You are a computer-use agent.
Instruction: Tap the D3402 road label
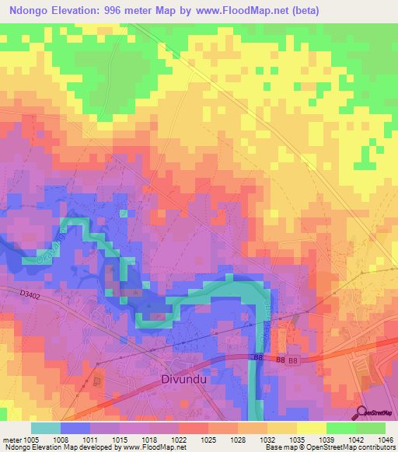[x=31, y=294]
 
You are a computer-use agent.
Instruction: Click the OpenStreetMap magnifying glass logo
[x=362, y=413]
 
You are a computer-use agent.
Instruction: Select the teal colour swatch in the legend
[x=46, y=428]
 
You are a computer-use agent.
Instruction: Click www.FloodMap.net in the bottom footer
[x=155, y=447]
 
